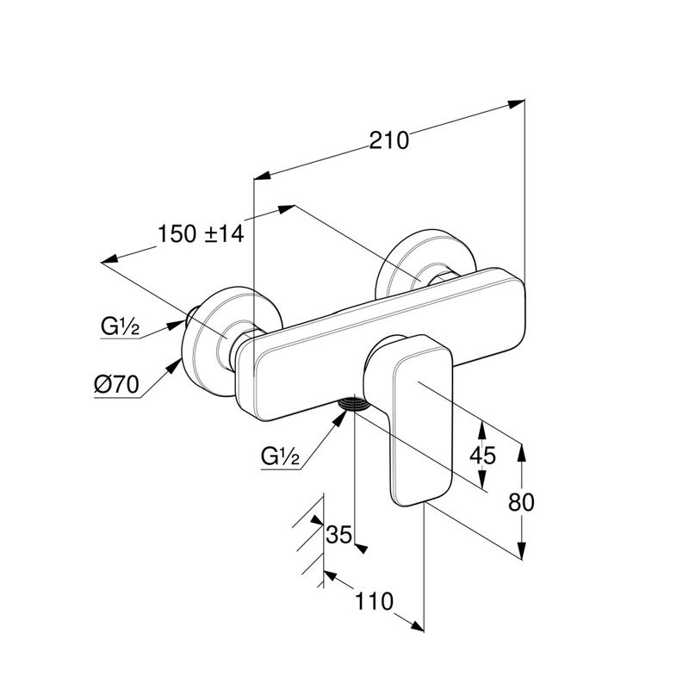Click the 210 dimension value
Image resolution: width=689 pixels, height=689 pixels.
[389, 140]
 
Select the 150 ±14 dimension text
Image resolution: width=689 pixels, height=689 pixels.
[202, 233]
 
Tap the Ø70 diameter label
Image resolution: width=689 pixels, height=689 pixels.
[116, 386]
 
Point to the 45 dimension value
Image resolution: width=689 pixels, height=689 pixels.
[483, 455]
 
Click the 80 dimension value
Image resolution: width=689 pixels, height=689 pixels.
[521, 501]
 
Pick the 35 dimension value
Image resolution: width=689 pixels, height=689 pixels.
[340, 535]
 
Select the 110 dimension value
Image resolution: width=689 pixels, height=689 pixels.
[374, 600]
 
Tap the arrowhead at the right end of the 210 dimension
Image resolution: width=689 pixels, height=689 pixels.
[517, 103]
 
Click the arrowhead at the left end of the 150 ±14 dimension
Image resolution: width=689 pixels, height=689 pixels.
[109, 259]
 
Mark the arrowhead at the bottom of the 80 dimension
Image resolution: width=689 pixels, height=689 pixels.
[521, 551]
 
